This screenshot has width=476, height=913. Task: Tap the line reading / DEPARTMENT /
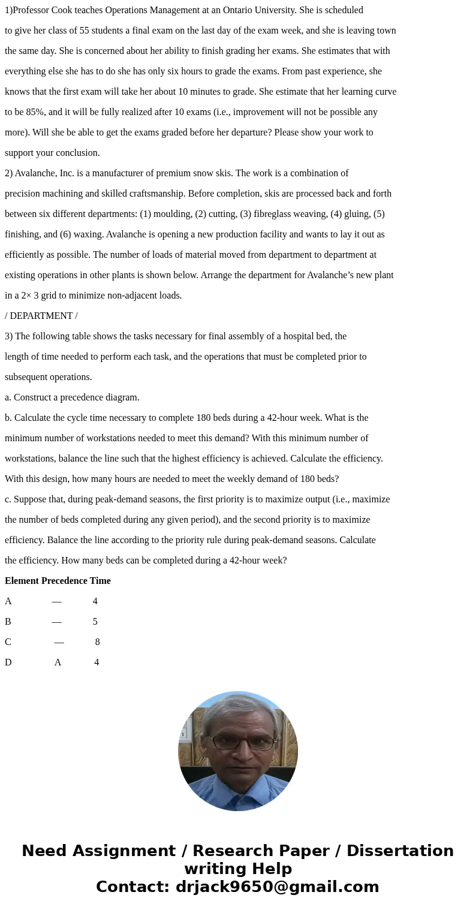pos(41,316)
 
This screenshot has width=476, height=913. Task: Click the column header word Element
pos(22,581)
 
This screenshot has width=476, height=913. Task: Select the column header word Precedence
pos(64,581)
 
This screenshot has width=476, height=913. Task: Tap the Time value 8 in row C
pos(97,642)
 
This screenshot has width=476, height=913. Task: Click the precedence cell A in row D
pos(58,662)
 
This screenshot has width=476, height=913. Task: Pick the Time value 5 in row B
pos(95,622)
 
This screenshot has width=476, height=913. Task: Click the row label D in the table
pos(8,662)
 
